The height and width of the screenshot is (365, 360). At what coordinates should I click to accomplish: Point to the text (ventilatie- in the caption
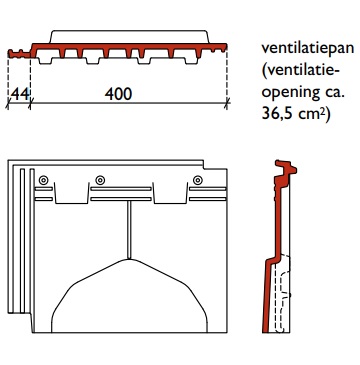[299, 71]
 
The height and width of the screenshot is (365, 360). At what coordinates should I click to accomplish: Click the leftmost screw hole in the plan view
[44, 181]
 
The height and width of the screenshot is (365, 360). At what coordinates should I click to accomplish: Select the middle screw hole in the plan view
[100, 181]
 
